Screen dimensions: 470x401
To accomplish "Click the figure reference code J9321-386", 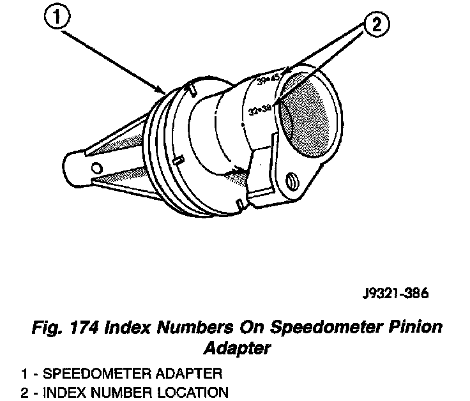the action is pos(392,294).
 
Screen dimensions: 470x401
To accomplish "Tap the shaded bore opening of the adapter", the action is pos(305,115).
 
